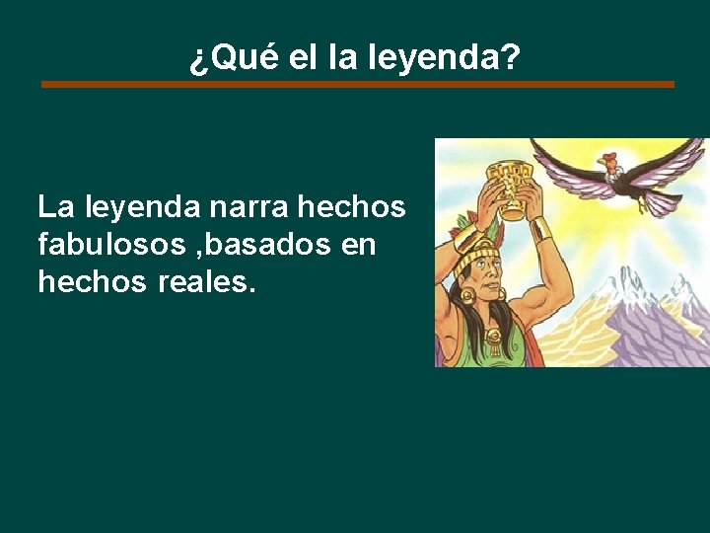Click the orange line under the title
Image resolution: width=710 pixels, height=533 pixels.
(x=357, y=85)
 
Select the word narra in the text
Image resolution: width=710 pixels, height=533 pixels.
(x=248, y=207)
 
